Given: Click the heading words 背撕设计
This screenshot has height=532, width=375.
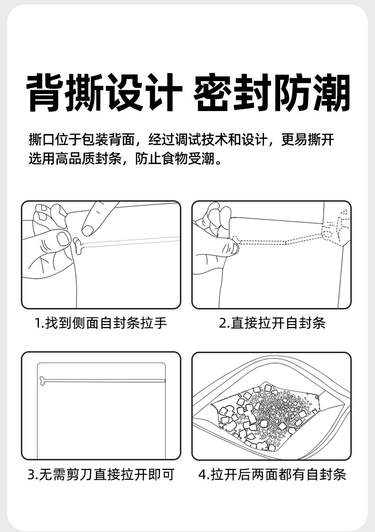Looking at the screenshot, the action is (x=104, y=93).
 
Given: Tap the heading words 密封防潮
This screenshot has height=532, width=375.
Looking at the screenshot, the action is (x=272, y=93).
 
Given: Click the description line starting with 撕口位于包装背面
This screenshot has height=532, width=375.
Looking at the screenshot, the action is (x=182, y=140).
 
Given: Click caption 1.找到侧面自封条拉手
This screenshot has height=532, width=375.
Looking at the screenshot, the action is (x=101, y=323).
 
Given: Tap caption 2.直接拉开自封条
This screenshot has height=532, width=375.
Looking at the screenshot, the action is (x=272, y=323).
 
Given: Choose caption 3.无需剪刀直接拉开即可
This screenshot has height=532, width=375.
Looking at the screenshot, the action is (x=101, y=474).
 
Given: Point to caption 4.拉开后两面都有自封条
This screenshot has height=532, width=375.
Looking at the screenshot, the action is (x=272, y=474).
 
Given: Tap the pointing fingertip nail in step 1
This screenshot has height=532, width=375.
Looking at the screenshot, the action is (x=87, y=229).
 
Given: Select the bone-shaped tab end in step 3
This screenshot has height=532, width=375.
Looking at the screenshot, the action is (x=43, y=380).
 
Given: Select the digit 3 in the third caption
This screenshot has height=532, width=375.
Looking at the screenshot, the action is (x=30, y=475).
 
